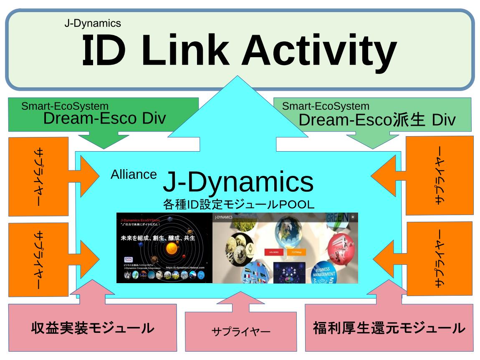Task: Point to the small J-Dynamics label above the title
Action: pos(93,23)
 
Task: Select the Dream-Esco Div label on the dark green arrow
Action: pos(104,119)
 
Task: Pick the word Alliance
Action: pos(134,175)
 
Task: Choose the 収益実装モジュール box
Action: pos(92,328)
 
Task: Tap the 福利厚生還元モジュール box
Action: pos(389,328)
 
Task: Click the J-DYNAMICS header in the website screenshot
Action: pos(224,217)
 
